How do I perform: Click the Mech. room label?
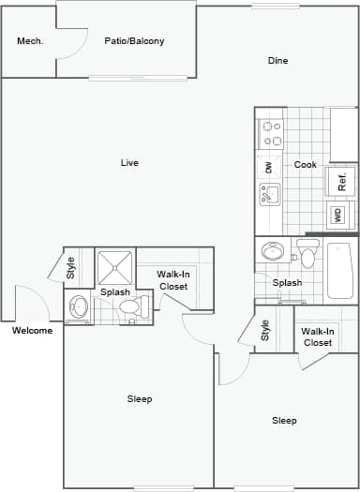tap(31, 41)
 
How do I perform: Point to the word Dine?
tap(277, 61)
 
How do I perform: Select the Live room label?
tap(129, 163)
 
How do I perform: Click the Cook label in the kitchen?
tap(305, 165)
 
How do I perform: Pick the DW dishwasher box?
tap(269, 167)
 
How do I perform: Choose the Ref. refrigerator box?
tap(341, 180)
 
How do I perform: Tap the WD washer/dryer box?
tap(337, 215)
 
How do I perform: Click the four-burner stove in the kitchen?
tap(272, 133)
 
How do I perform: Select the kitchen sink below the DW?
tap(269, 194)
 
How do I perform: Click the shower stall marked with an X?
tap(115, 267)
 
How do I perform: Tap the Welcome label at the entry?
tap(32, 330)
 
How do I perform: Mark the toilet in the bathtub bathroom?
tap(307, 255)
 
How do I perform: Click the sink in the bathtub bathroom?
tap(275, 251)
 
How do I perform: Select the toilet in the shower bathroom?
tap(132, 306)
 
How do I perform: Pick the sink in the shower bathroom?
tap(79, 306)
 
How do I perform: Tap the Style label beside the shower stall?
tap(71, 268)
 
